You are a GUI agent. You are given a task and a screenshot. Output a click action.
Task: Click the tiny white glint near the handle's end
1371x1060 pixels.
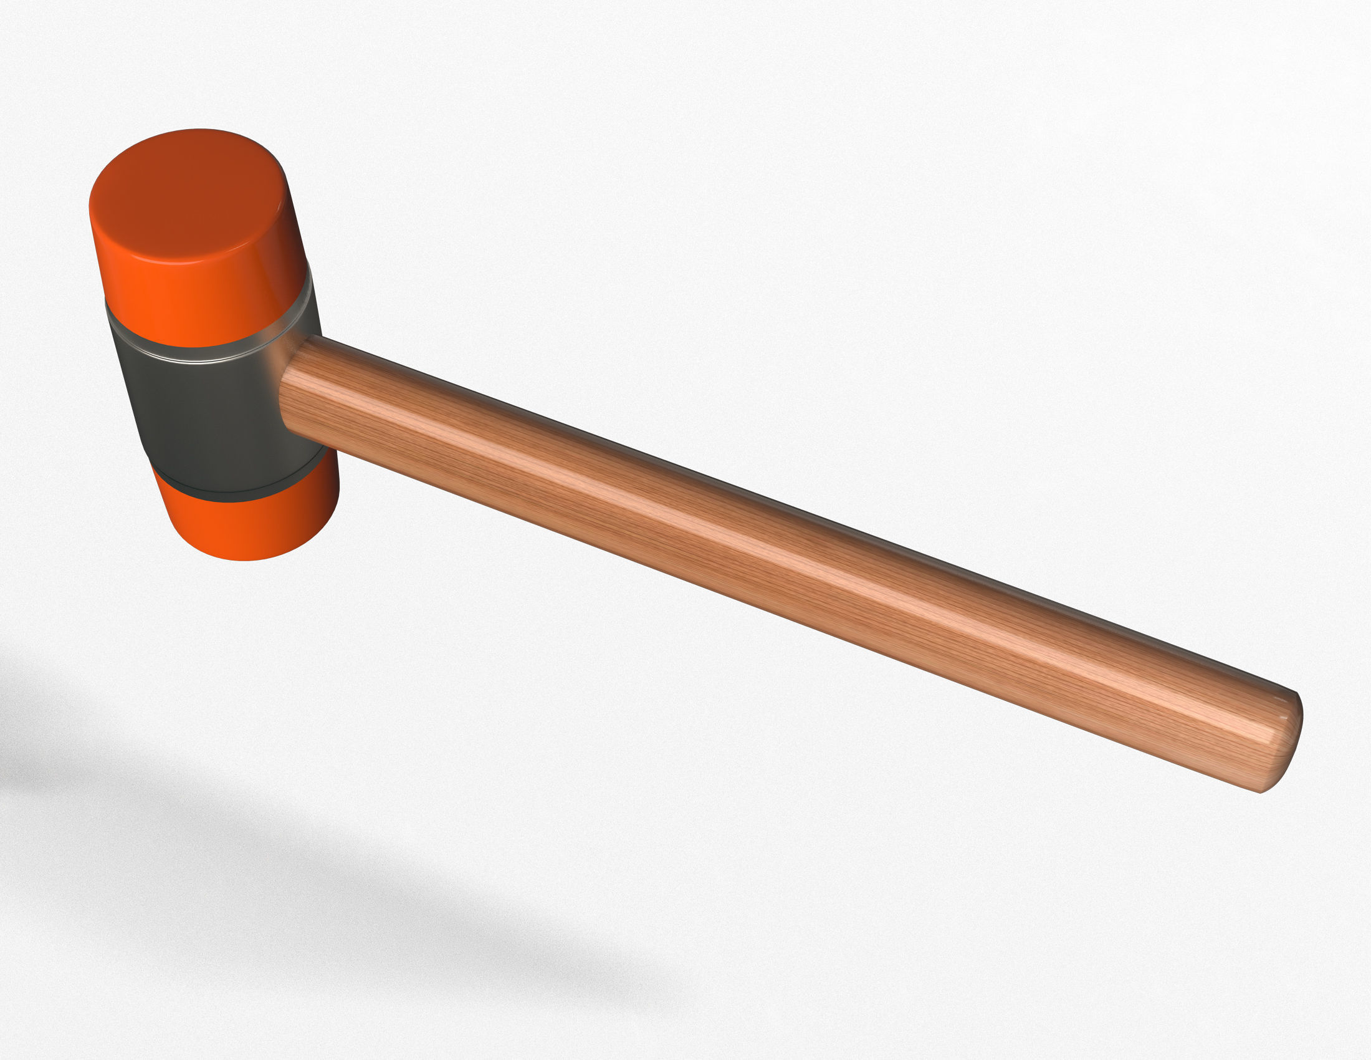pyautogui.click(x=1282, y=716)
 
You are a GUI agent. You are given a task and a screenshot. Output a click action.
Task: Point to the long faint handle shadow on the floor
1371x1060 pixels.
pyautogui.click(x=439, y=910)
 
